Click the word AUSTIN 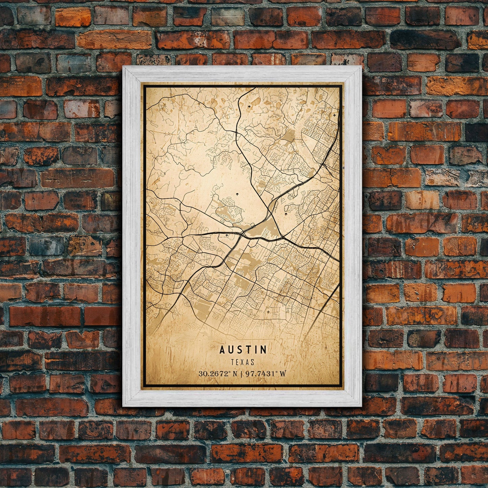pos(243,350)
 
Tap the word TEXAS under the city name pos(243,362)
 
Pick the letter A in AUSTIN pos(222,350)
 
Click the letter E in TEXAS pos(238,362)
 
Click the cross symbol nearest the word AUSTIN pos(268,312)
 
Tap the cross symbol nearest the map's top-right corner pos(334,115)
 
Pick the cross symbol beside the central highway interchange pos(226,234)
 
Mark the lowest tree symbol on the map pos(286,214)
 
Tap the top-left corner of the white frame pos(123,66)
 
